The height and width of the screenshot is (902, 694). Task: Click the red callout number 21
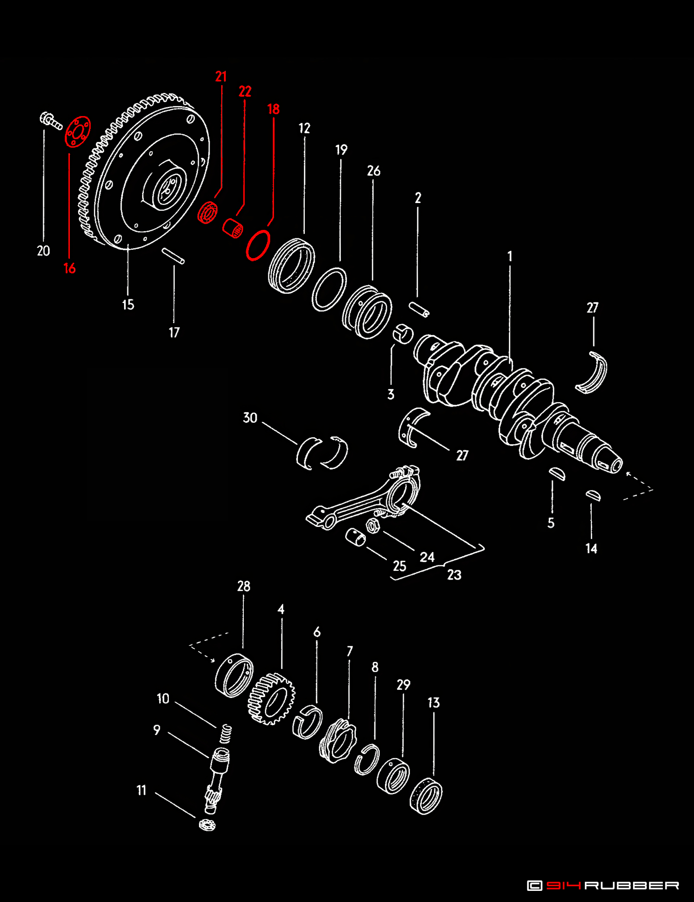click(x=221, y=76)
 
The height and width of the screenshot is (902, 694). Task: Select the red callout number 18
click(x=273, y=109)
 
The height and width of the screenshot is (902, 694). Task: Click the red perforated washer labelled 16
click(x=77, y=132)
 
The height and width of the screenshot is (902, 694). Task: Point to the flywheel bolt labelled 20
click(x=50, y=120)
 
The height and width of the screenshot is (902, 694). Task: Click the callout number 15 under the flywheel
click(x=128, y=305)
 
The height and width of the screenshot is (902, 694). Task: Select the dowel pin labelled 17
click(x=173, y=256)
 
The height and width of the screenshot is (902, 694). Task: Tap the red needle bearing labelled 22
click(x=233, y=228)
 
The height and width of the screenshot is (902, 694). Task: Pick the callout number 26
click(x=374, y=171)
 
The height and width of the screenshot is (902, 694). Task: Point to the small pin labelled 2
click(x=419, y=309)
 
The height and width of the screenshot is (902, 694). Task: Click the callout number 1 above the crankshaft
click(x=510, y=256)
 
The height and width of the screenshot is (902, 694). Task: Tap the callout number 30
click(x=250, y=418)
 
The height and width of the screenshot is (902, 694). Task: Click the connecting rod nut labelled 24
click(x=373, y=525)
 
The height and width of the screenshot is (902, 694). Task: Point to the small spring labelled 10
click(x=225, y=733)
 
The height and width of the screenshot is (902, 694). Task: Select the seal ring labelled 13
click(x=426, y=796)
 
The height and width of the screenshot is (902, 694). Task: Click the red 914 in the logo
click(x=563, y=885)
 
